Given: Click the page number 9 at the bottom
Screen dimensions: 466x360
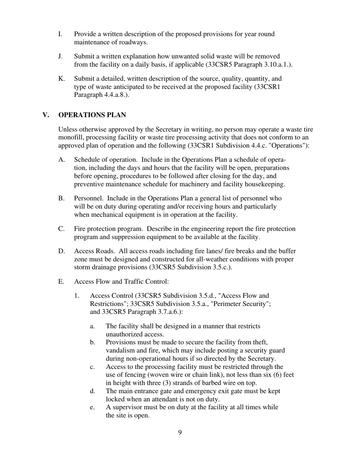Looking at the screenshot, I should tap(180, 433).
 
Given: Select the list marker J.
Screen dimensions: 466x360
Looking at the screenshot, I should tap(61, 56).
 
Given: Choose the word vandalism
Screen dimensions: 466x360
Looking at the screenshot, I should tap(121, 350).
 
